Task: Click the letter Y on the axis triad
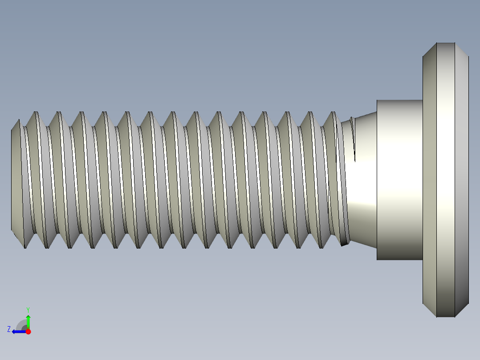point(28,309)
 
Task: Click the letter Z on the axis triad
point(9,329)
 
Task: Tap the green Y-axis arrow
point(28,320)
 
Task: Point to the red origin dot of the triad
point(28,331)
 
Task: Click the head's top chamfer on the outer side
point(462,49)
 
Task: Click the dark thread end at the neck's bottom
point(344,243)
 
